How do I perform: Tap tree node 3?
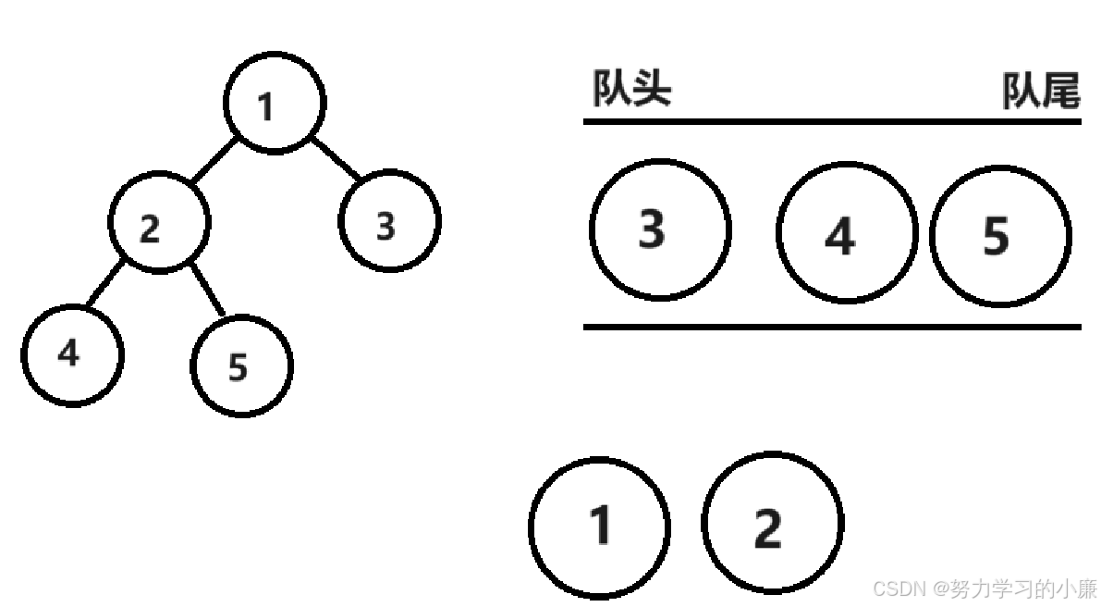pos(389,221)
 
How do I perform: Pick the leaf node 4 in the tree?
pos(72,354)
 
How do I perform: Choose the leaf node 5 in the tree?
pos(241,365)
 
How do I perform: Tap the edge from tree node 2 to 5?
pos(208,290)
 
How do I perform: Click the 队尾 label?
pos(1041,93)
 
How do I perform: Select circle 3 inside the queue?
pos(660,229)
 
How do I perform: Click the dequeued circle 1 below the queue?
pos(599,526)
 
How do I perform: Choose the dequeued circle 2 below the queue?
pos(772,524)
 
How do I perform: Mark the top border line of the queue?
pos(832,121)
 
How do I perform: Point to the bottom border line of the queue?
pos(832,327)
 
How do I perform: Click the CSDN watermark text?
pos(985,588)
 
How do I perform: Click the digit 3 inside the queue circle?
pos(652,229)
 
